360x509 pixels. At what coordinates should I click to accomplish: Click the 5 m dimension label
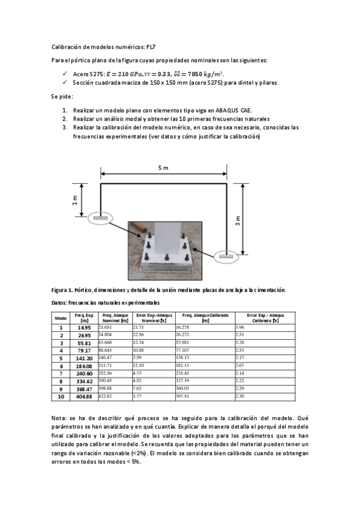click(163, 168)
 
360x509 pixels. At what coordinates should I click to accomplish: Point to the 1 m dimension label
click(75, 200)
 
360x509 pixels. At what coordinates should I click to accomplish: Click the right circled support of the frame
click(226, 256)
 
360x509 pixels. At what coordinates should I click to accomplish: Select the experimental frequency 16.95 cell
click(84, 328)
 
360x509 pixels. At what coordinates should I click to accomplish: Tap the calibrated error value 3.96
click(240, 327)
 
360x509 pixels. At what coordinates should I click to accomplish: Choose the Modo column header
click(61, 318)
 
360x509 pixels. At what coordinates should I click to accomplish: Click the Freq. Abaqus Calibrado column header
click(205, 318)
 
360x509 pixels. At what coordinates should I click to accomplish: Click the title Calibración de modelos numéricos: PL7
click(104, 47)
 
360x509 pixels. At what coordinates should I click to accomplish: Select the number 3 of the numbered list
click(65, 127)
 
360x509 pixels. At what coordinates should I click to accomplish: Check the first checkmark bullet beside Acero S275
click(65, 73)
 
